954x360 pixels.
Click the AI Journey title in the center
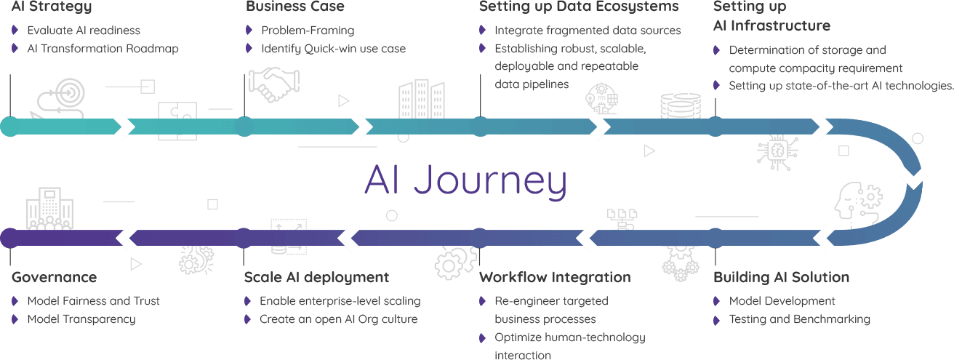tap(465, 180)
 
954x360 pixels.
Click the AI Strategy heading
tap(52, 7)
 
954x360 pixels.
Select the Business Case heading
tap(294, 7)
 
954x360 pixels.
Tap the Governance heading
tap(54, 278)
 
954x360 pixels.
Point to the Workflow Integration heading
tap(555, 278)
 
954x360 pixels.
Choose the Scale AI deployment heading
tap(316, 278)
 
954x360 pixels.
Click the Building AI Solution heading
tap(781, 278)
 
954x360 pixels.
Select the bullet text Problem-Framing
tap(308, 31)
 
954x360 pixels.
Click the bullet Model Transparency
tap(81, 319)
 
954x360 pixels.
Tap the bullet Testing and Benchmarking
tap(799, 319)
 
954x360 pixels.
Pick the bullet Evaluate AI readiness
tap(83, 31)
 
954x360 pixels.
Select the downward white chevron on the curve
tap(913, 175)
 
